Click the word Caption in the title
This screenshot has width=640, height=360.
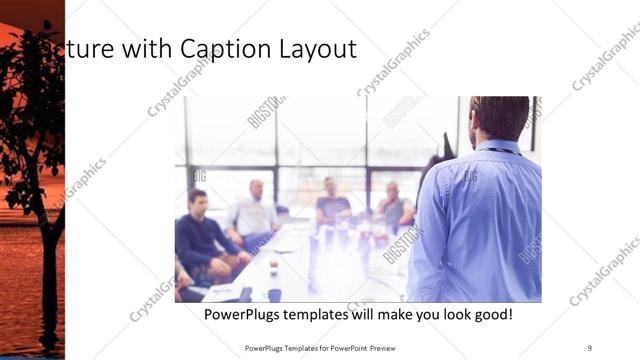click(x=219, y=49)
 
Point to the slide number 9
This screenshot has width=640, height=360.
click(x=590, y=348)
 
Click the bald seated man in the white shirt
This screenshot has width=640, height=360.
click(x=254, y=211)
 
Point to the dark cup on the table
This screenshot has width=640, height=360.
click(x=274, y=294)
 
